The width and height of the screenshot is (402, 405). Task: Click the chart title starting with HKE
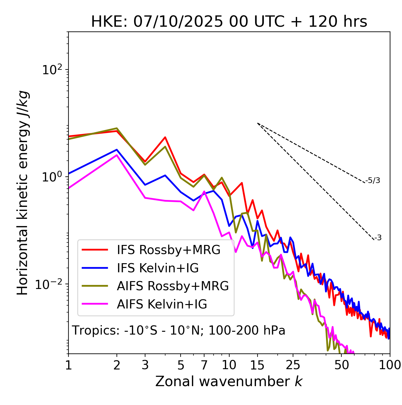pyautogui.click(x=229, y=22)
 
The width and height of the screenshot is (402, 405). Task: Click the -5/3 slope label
pyautogui.click(x=372, y=180)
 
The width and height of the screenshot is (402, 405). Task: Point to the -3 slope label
pyautogui.click(x=378, y=238)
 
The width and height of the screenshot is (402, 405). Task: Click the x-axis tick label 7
pyautogui.click(x=204, y=365)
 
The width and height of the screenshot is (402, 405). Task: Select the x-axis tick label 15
pyautogui.click(x=257, y=365)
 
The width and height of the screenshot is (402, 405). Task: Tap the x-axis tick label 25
pyautogui.click(x=293, y=365)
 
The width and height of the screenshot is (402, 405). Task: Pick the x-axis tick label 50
pyautogui.click(x=341, y=365)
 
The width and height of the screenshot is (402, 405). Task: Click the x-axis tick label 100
pyautogui.click(x=390, y=365)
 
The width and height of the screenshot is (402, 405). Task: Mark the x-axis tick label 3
pyautogui.click(x=145, y=365)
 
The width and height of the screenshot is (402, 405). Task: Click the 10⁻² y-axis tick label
pyautogui.click(x=49, y=284)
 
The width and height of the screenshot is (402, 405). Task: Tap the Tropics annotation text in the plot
pyautogui.click(x=178, y=330)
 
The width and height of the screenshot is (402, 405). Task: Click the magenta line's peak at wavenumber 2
pyautogui.click(x=117, y=155)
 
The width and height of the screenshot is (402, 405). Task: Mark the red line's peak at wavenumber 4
pyautogui.click(x=165, y=137)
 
